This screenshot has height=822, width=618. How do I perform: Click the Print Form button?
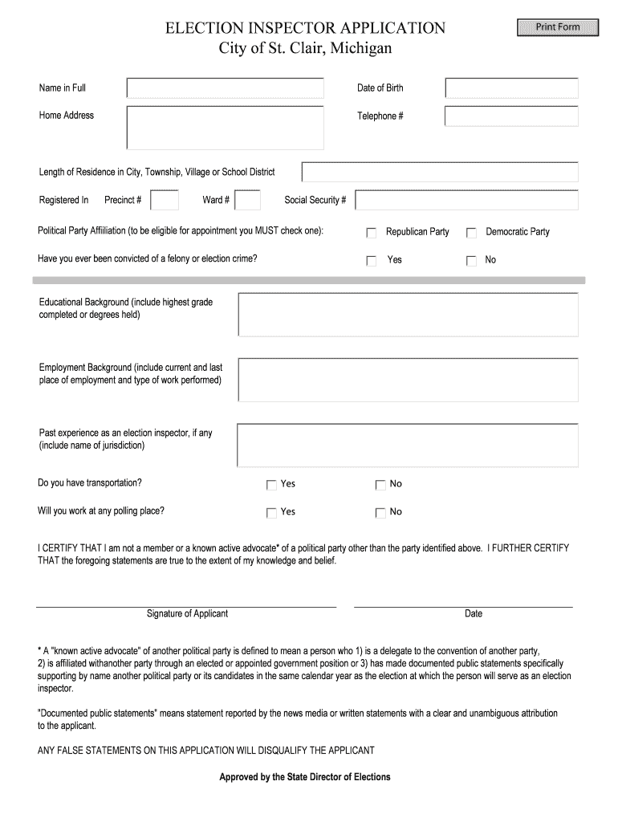558,27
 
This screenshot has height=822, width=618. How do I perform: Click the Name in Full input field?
226,88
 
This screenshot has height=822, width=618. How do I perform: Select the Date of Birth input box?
511,88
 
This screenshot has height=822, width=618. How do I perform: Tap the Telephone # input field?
511,116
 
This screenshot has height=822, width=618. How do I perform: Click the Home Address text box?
226,128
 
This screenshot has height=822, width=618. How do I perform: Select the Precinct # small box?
165,200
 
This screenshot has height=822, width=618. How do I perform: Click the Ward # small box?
248,200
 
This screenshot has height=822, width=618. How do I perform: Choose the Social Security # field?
466,200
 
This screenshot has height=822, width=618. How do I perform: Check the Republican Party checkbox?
372,233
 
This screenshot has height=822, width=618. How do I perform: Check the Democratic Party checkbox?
472,233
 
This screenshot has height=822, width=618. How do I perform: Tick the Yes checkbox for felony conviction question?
372,261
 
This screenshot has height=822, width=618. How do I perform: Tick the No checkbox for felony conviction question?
472,261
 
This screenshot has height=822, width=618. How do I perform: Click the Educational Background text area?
408,315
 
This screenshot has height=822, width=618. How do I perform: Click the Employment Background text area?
408,380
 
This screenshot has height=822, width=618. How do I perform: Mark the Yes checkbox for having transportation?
272,485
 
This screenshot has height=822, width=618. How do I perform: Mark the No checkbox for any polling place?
380,513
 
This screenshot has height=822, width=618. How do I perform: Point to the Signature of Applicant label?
187,614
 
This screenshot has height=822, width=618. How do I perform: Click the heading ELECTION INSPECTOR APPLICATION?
305,29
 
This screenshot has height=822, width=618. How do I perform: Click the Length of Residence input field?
440,173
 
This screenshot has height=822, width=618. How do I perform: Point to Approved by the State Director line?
305,777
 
